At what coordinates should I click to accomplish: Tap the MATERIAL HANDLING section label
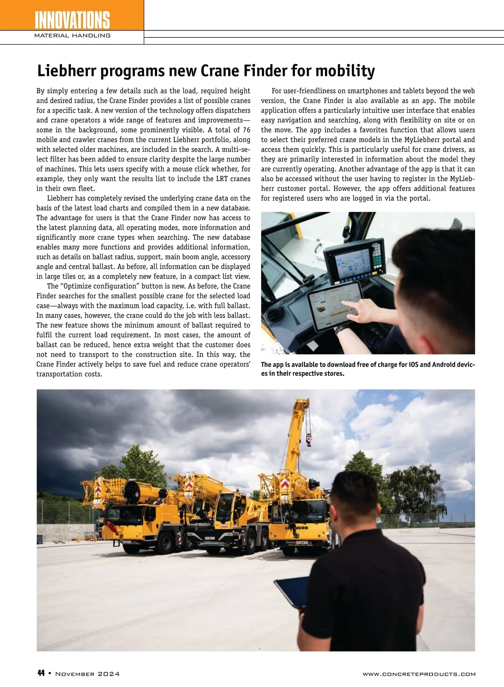coord(72,36)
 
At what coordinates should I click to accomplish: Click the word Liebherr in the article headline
coord(66,71)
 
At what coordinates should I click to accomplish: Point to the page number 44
coord(41,674)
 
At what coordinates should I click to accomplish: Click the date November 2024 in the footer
coord(87,674)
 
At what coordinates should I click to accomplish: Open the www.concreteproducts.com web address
coord(419,674)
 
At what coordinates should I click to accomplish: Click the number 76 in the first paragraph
coord(246,130)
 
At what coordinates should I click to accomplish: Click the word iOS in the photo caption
coord(414,364)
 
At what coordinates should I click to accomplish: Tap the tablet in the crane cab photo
coord(335,305)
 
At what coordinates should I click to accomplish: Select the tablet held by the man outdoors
coord(291,591)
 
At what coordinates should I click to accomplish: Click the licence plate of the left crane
coord(126,541)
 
